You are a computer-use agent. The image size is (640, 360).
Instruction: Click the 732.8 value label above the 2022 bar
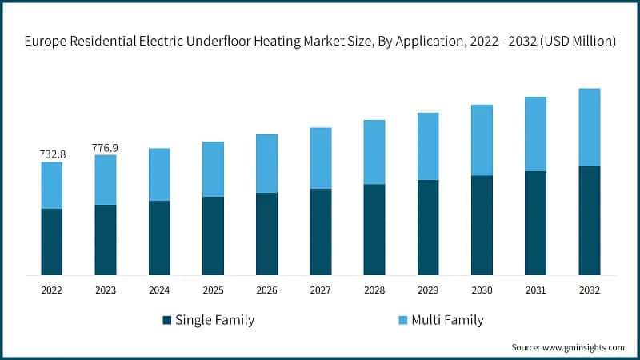click(51, 154)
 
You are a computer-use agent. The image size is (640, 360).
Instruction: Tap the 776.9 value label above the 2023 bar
click(105, 147)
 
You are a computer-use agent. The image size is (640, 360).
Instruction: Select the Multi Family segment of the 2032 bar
click(590, 127)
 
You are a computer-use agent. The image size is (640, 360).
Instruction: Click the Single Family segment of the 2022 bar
click(51, 242)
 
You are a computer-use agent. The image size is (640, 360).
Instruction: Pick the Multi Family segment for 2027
click(320, 158)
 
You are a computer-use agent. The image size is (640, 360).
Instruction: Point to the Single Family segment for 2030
click(482, 226)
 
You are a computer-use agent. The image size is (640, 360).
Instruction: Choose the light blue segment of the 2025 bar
click(213, 169)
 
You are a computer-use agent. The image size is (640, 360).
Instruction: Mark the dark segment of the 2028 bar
click(374, 230)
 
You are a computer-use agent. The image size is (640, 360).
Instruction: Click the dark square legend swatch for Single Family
click(167, 320)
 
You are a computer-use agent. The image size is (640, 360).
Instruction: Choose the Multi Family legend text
click(447, 320)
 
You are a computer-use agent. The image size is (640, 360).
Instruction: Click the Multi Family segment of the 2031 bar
click(535, 134)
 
